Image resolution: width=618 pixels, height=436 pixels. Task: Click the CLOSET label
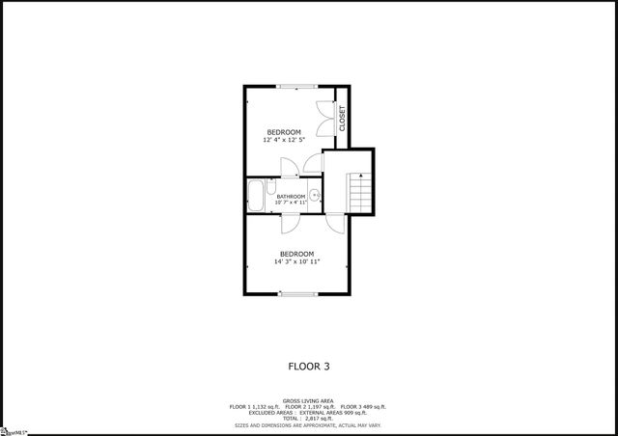pyautogui.click(x=342, y=117)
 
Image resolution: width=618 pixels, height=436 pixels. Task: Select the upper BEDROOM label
pyautogui.click(x=284, y=132)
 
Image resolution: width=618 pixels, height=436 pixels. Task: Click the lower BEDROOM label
pyautogui.click(x=296, y=254)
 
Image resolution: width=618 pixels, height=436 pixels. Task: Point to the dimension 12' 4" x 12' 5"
pyautogui.click(x=284, y=140)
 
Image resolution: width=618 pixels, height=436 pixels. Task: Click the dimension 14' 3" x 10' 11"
pyautogui.click(x=296, y=261)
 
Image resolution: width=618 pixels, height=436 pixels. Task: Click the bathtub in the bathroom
pyautogui.click(x=257, y=197)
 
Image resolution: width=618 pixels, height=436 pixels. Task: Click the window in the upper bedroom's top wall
pyautogui.click(x=296, y=87)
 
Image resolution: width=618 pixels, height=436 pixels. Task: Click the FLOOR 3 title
pyautogui.click(x=309, y=366)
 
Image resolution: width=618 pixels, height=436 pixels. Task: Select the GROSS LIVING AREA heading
pyautogui.click(x=308, y=400)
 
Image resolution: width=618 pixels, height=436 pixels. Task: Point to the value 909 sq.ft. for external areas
pyautogui.click(x=354, y=413)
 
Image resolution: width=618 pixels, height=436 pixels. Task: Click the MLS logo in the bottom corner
pyautogui.click(x=14, y=430)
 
